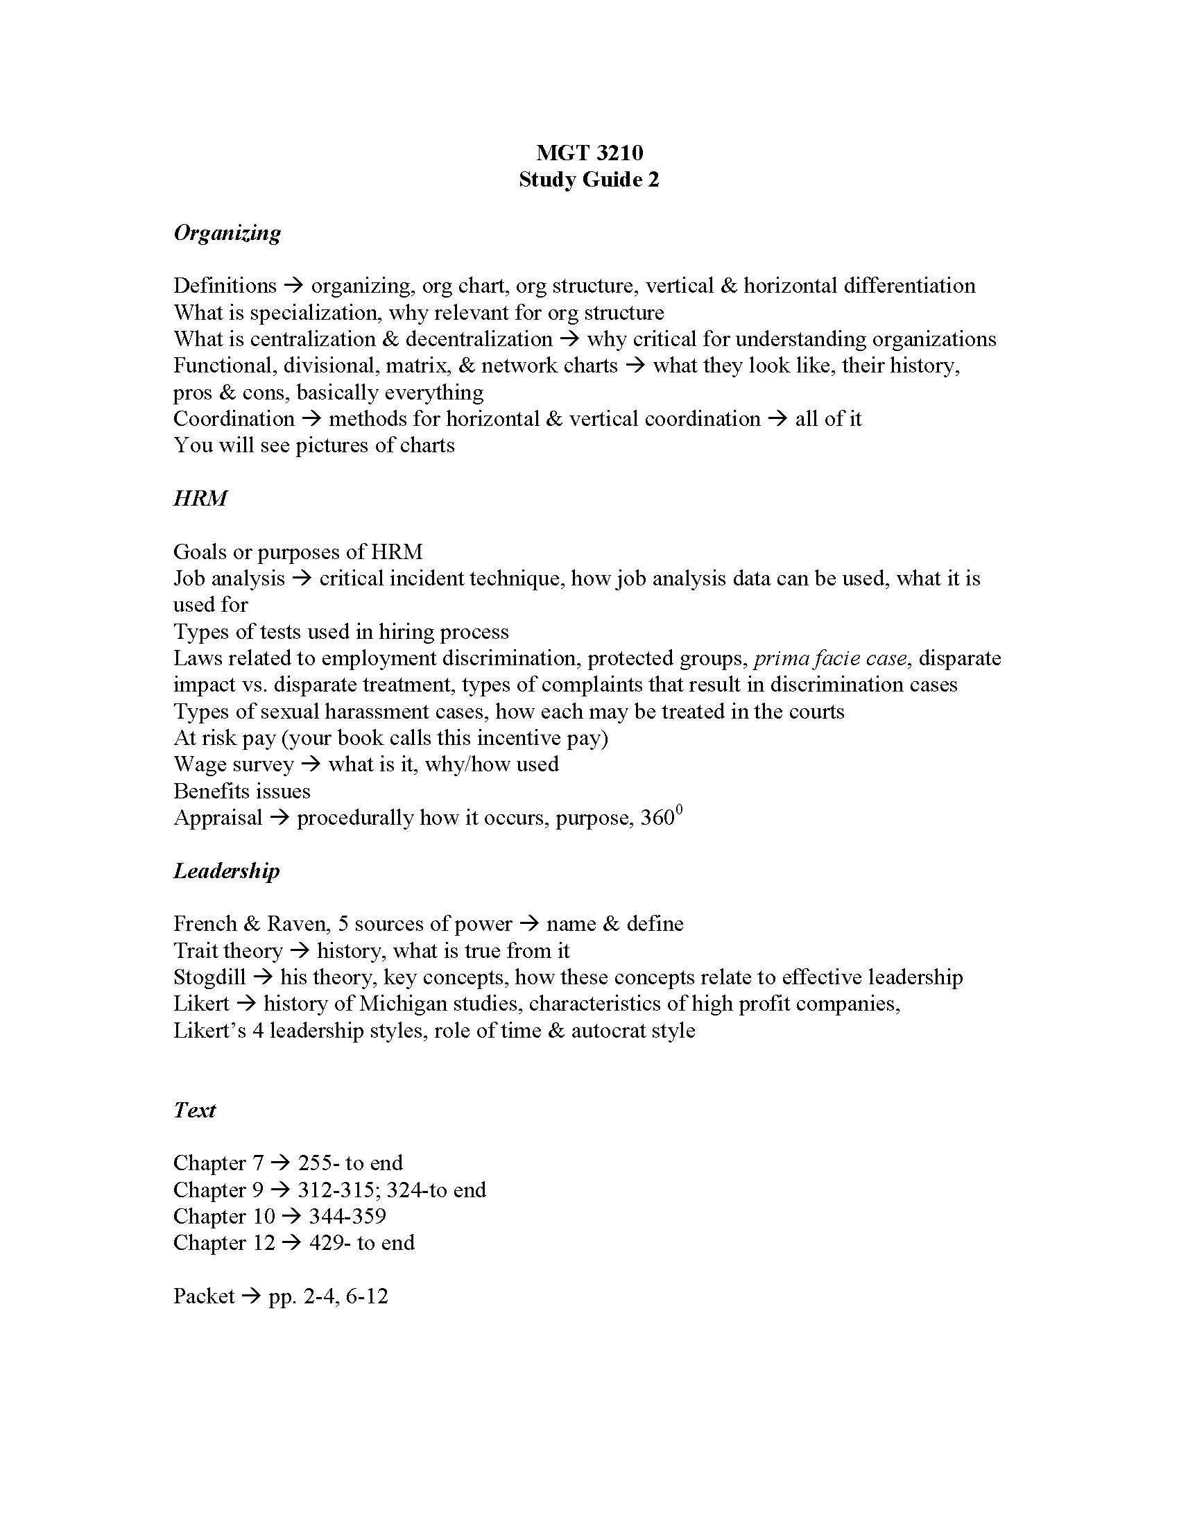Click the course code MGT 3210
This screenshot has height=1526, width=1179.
[589, 153]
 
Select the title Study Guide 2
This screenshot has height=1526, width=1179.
[589, 180]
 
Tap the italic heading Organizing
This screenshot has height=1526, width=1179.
[227, 232]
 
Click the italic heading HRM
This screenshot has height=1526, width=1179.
[200, 498]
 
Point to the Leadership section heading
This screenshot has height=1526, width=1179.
[226, 871]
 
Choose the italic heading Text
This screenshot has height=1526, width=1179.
[194, 1111]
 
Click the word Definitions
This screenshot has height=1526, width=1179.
[225, 286]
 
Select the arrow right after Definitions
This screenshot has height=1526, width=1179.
[294, 286]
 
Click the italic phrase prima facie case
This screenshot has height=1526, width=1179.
[830, 658]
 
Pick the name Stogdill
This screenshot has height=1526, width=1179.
[209, 977]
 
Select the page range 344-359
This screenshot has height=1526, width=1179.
[347, 1217]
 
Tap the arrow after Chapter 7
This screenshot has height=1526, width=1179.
[280, 1163]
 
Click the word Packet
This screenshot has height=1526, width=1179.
[204, 1297]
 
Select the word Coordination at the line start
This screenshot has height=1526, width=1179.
[234, 419]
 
